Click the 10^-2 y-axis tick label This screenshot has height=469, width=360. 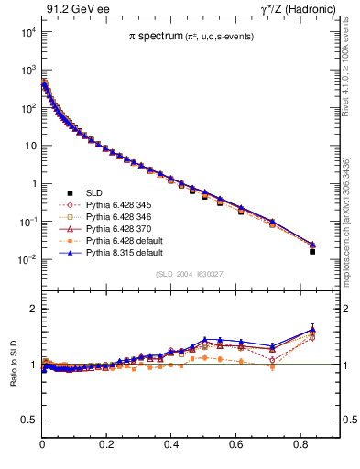27,259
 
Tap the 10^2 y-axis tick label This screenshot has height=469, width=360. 27,108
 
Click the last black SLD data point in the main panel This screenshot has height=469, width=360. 312,251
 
